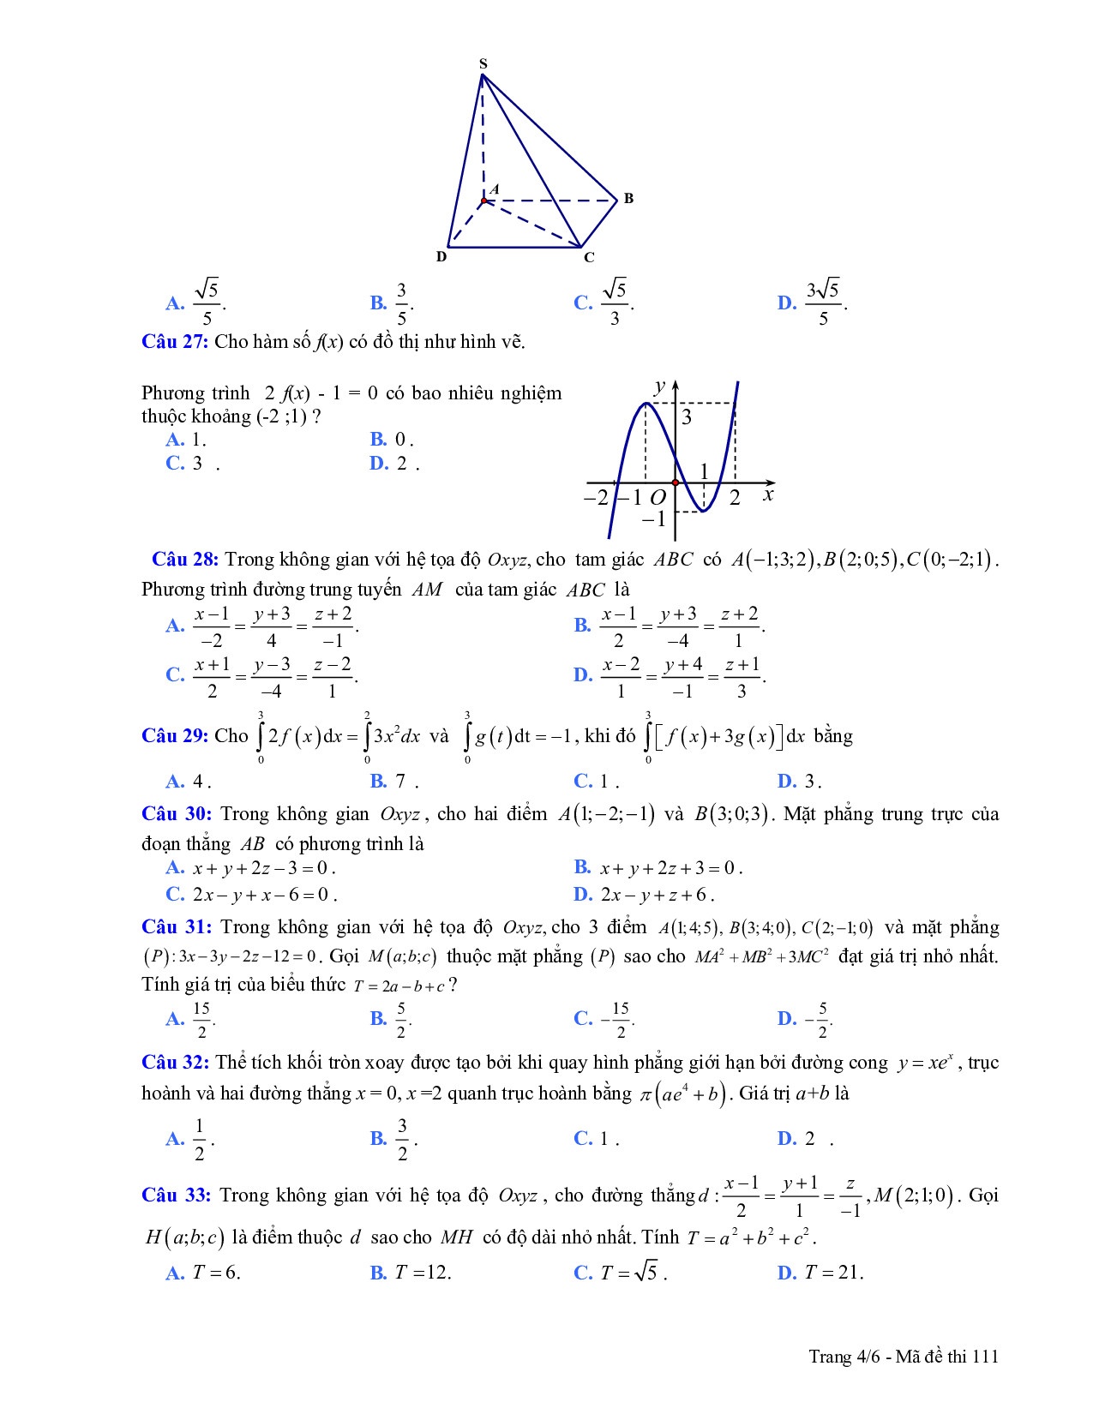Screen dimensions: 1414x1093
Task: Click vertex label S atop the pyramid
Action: click(483, 63)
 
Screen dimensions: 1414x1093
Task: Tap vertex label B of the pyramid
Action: click(628, 199)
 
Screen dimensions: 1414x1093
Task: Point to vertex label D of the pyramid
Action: click(441, 256)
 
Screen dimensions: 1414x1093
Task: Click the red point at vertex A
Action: click(483, 201)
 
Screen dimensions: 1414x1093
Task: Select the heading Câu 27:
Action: click(175, 342)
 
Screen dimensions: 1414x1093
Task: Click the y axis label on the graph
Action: click(658, 386)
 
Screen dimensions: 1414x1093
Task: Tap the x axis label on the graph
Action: click(768, 494)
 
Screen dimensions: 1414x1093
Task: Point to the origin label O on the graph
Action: click(658, 498)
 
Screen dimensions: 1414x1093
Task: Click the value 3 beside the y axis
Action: click(687, 418)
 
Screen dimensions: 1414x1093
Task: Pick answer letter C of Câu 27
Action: click(175, 464)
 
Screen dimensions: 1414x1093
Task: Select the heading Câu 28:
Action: click(185, 560)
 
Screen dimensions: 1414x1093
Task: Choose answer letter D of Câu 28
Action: click(583, 675)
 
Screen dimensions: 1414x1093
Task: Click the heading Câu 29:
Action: click(175, 736)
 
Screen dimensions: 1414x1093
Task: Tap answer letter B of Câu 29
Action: click(379, 781)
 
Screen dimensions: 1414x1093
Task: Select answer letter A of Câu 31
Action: click(175, 1019)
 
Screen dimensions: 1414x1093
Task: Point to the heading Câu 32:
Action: click(175, 1063)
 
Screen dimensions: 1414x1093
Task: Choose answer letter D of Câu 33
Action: click(787, 1273)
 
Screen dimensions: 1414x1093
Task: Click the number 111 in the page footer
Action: click(985, 1356)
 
